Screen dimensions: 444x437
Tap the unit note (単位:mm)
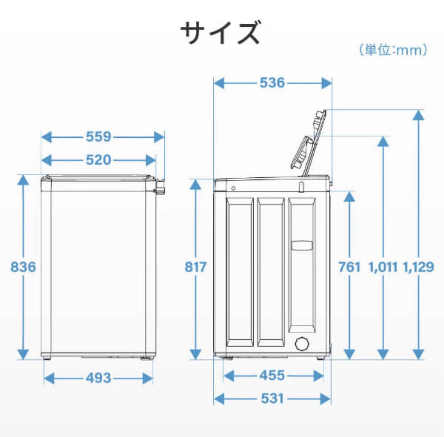pos(393,50)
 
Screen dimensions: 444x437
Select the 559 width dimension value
pos(98,137)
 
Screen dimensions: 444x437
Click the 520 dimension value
pos(98,160)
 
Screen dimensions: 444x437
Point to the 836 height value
pos(23,267)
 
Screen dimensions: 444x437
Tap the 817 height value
pos(195,267)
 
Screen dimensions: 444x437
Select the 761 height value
pos(349,267)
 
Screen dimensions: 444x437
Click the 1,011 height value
pos(383,267)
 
